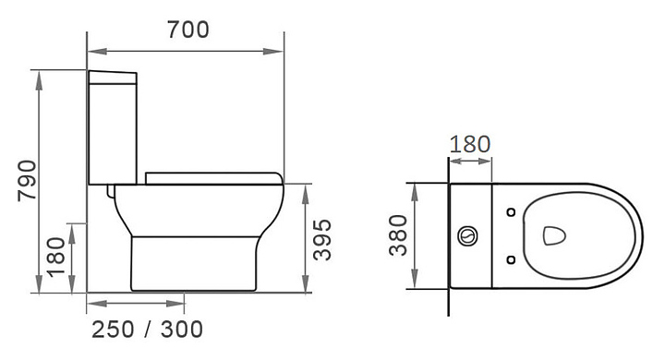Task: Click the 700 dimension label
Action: pos(187,30)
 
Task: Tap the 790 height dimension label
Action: pos(28,180)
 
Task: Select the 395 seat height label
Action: pos(322,240)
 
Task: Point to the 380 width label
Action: pos(398,235)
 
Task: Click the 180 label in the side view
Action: pos(56,258)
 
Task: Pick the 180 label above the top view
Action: pos(470,145)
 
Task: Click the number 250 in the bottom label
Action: pos(114,330)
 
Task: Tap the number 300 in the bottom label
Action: pos(182,330)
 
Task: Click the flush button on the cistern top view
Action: pos(468,235)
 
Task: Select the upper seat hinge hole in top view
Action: pos(511,212)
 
